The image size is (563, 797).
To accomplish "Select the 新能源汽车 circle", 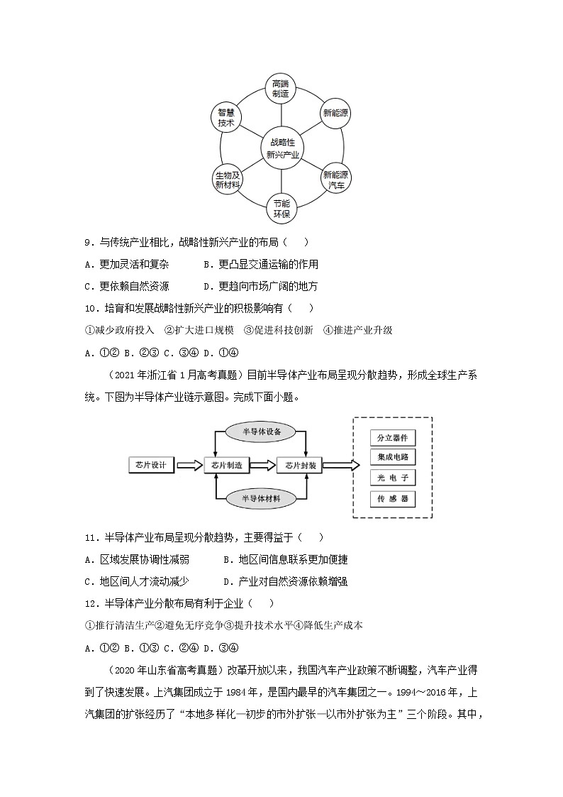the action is (336, 179).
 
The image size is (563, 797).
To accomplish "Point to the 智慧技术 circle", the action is (226, 117).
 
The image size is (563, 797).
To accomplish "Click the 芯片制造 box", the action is (227, 465).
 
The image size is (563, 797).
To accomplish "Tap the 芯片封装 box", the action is (300, 465).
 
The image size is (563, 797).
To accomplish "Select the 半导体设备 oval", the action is (263, 432).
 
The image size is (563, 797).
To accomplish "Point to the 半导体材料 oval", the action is (263, 499).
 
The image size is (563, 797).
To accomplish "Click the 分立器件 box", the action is (392, 438).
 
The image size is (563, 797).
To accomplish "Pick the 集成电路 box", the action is (392, 457).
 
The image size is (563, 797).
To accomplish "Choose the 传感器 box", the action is (392, 498).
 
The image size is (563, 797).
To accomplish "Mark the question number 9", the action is (89, 243).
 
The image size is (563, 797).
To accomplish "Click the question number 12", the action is (90, 603).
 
